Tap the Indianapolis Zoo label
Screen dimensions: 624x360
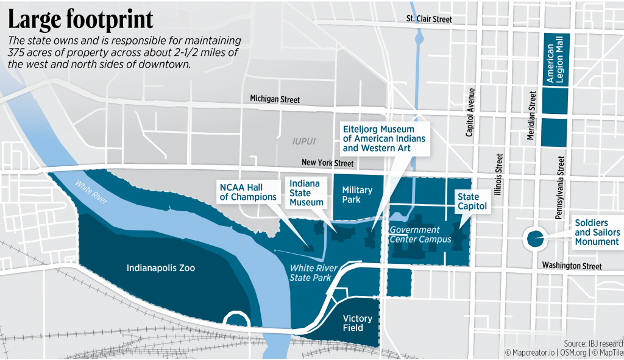click(x=161, y=268)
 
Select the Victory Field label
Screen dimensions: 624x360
click(x=353, y=323)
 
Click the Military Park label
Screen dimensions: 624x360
click(x=356, y=195)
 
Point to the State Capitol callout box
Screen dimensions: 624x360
click(x=469, y=202)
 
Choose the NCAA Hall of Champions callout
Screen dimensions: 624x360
click(x=248, y=191)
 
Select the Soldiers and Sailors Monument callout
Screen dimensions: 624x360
click(x=597, y=233)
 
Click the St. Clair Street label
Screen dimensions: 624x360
click(x=429, y=19)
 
